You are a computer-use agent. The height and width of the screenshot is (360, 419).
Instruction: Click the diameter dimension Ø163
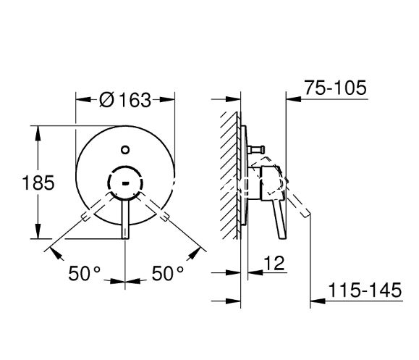(125, 100)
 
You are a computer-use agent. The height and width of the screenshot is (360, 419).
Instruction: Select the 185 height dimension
(38, 183)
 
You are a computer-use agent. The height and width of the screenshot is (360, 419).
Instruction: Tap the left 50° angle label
(84, 273)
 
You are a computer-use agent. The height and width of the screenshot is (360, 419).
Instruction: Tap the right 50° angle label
(168, 273)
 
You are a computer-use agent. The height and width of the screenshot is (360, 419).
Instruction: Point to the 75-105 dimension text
(336, 88)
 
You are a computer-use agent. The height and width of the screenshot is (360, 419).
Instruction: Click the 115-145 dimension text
(365, 290)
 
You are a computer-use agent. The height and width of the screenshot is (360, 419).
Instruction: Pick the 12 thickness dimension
(274, 263)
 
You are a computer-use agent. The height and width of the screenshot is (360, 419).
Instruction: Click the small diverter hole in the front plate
(125, 150)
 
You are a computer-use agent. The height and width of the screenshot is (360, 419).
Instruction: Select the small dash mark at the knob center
(125, 183)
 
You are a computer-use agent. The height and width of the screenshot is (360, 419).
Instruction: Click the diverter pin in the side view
(256, 149)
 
